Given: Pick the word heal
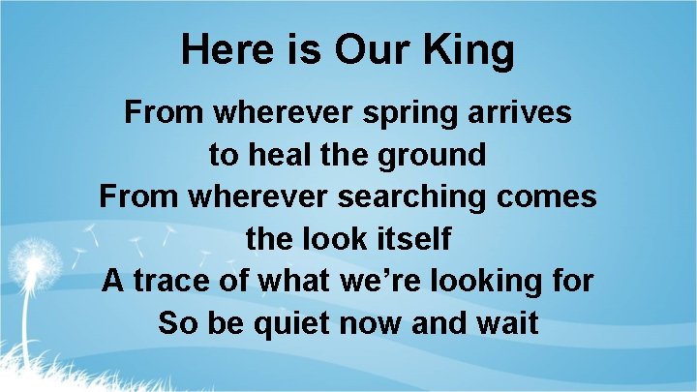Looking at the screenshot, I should point(280,155).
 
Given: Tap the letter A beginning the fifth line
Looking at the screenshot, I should point(114,281).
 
